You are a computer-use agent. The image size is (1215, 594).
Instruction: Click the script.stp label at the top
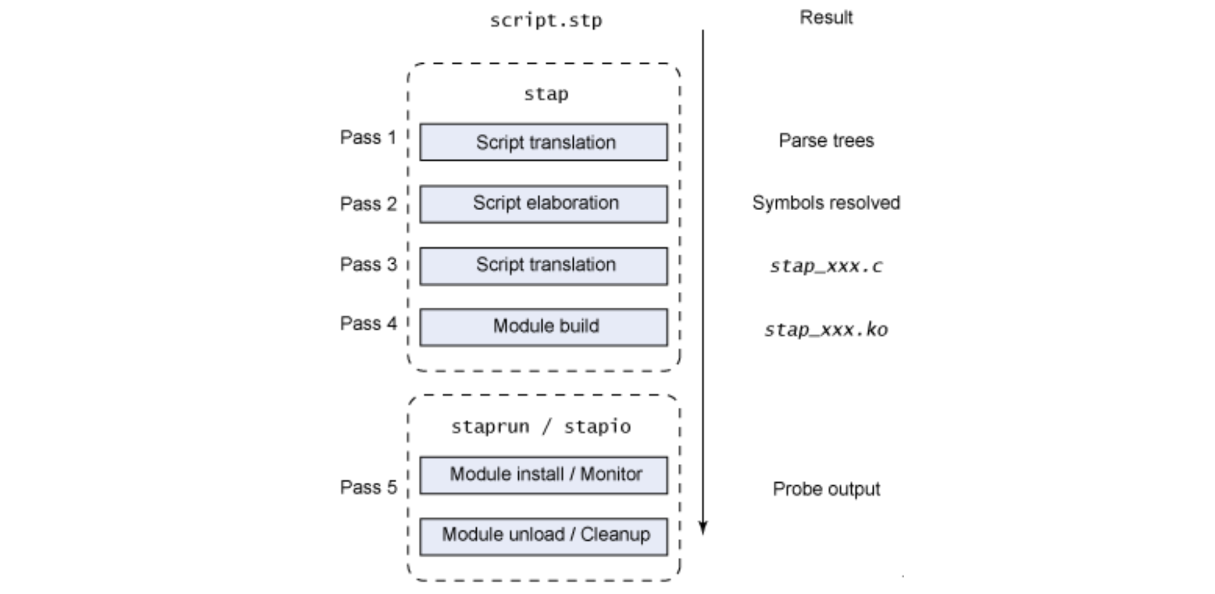pos(546,21)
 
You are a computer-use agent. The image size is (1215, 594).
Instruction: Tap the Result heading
pos(826,18)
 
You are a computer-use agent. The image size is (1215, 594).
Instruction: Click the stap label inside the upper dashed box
pos(546,94)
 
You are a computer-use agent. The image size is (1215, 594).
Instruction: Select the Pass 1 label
pos(368,138)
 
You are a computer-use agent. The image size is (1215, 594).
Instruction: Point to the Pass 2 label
pos(368,204)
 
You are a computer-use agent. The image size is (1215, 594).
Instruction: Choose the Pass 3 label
pos(368,264)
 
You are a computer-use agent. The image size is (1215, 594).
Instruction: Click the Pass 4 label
pos(368,324)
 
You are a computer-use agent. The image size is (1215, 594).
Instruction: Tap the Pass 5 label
pos(368,488)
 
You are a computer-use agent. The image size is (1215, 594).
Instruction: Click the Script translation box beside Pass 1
pos(544,143)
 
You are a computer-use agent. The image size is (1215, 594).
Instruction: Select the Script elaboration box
pos(544,204)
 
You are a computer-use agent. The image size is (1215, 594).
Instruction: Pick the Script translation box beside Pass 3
pos(544,266)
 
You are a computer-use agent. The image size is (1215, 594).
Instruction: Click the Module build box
pos(544,327)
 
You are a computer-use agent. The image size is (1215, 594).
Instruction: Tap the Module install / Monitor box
pos(544,475)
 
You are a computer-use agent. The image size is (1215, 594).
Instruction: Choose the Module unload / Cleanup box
pos(544,536)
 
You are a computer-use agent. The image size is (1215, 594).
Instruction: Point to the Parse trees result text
pos(826,141)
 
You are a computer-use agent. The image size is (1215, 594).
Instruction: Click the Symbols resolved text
pos(826,203)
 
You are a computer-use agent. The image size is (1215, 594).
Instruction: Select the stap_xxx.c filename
pos(826,266)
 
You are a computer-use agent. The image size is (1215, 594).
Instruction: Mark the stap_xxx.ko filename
pos(826,330)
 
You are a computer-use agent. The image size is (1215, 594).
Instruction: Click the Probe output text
pos(826,489)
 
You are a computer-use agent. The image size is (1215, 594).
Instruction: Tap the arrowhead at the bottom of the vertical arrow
pos(703,528)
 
